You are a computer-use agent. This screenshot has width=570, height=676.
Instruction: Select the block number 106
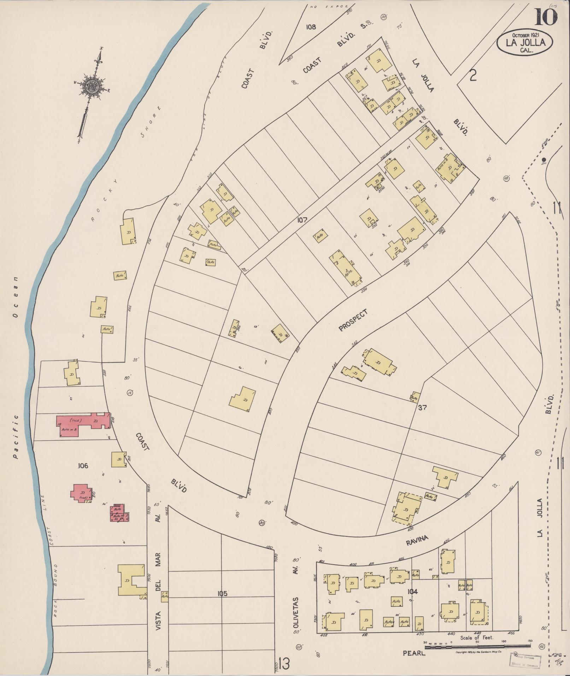pos(82,466)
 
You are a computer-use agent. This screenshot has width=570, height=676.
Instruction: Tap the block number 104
pos(412,592)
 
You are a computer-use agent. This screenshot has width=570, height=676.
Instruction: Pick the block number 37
pos(422,407)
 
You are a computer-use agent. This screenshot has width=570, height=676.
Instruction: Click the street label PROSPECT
pos(353,320)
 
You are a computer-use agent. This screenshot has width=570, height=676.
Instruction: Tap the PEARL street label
pos(414,653)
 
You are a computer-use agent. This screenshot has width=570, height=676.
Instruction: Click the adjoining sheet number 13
pos(284,663)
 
